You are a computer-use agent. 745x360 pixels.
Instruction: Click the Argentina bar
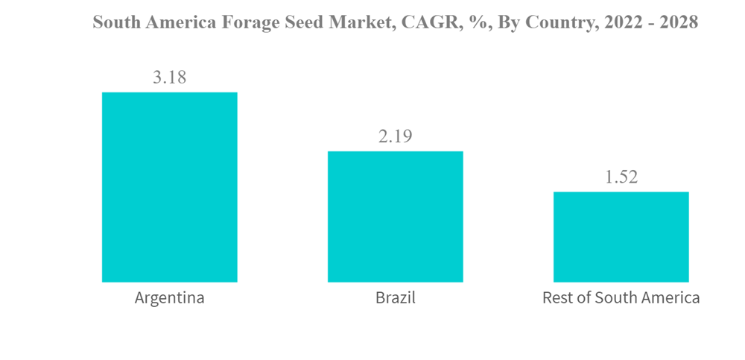(169, 187)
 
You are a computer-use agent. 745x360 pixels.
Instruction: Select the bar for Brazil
(396, 217)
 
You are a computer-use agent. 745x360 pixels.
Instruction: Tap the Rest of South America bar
(621, 237)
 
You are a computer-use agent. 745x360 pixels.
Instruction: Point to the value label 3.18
(169, 77)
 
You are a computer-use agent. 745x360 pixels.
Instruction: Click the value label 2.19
(395, 136)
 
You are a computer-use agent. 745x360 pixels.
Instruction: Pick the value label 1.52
(621, 177)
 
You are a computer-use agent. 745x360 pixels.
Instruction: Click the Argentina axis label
(169, 298)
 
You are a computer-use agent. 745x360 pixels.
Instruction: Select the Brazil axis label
(396, 298)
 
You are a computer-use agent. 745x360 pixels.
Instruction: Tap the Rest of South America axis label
(621, 298)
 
